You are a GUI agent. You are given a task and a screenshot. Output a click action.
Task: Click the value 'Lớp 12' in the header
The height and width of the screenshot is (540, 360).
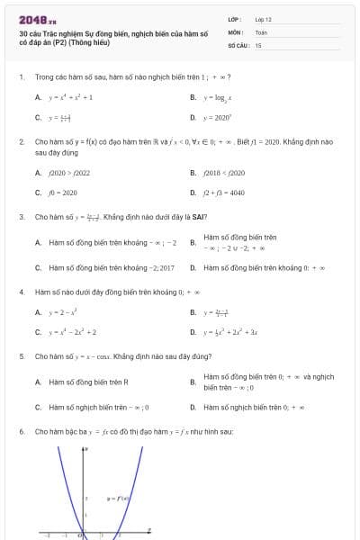coord(264,19)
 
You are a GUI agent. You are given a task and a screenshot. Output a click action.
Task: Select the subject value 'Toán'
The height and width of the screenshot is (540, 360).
coord(261,31)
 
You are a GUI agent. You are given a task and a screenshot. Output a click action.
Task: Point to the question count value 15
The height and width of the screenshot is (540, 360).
coord(258,44)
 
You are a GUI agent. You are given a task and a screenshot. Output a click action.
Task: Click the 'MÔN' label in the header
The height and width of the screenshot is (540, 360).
coord(235,31)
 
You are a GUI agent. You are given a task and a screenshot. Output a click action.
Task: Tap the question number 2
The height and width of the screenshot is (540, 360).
coord(21,141)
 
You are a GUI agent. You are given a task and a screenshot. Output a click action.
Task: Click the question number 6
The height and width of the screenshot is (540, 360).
coord(21,432)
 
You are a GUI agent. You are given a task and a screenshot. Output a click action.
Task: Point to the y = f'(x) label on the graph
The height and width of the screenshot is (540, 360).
coord(120,498)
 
